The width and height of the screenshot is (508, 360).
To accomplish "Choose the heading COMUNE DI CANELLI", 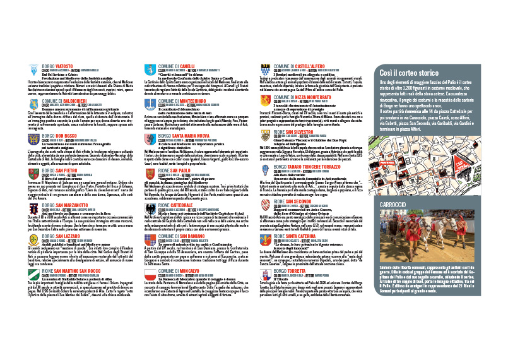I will (x=178, y=66).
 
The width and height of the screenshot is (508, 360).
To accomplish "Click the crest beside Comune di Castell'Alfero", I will (x=264, y=69).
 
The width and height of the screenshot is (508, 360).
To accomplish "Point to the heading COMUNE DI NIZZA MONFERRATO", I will (x=305, y=99).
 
